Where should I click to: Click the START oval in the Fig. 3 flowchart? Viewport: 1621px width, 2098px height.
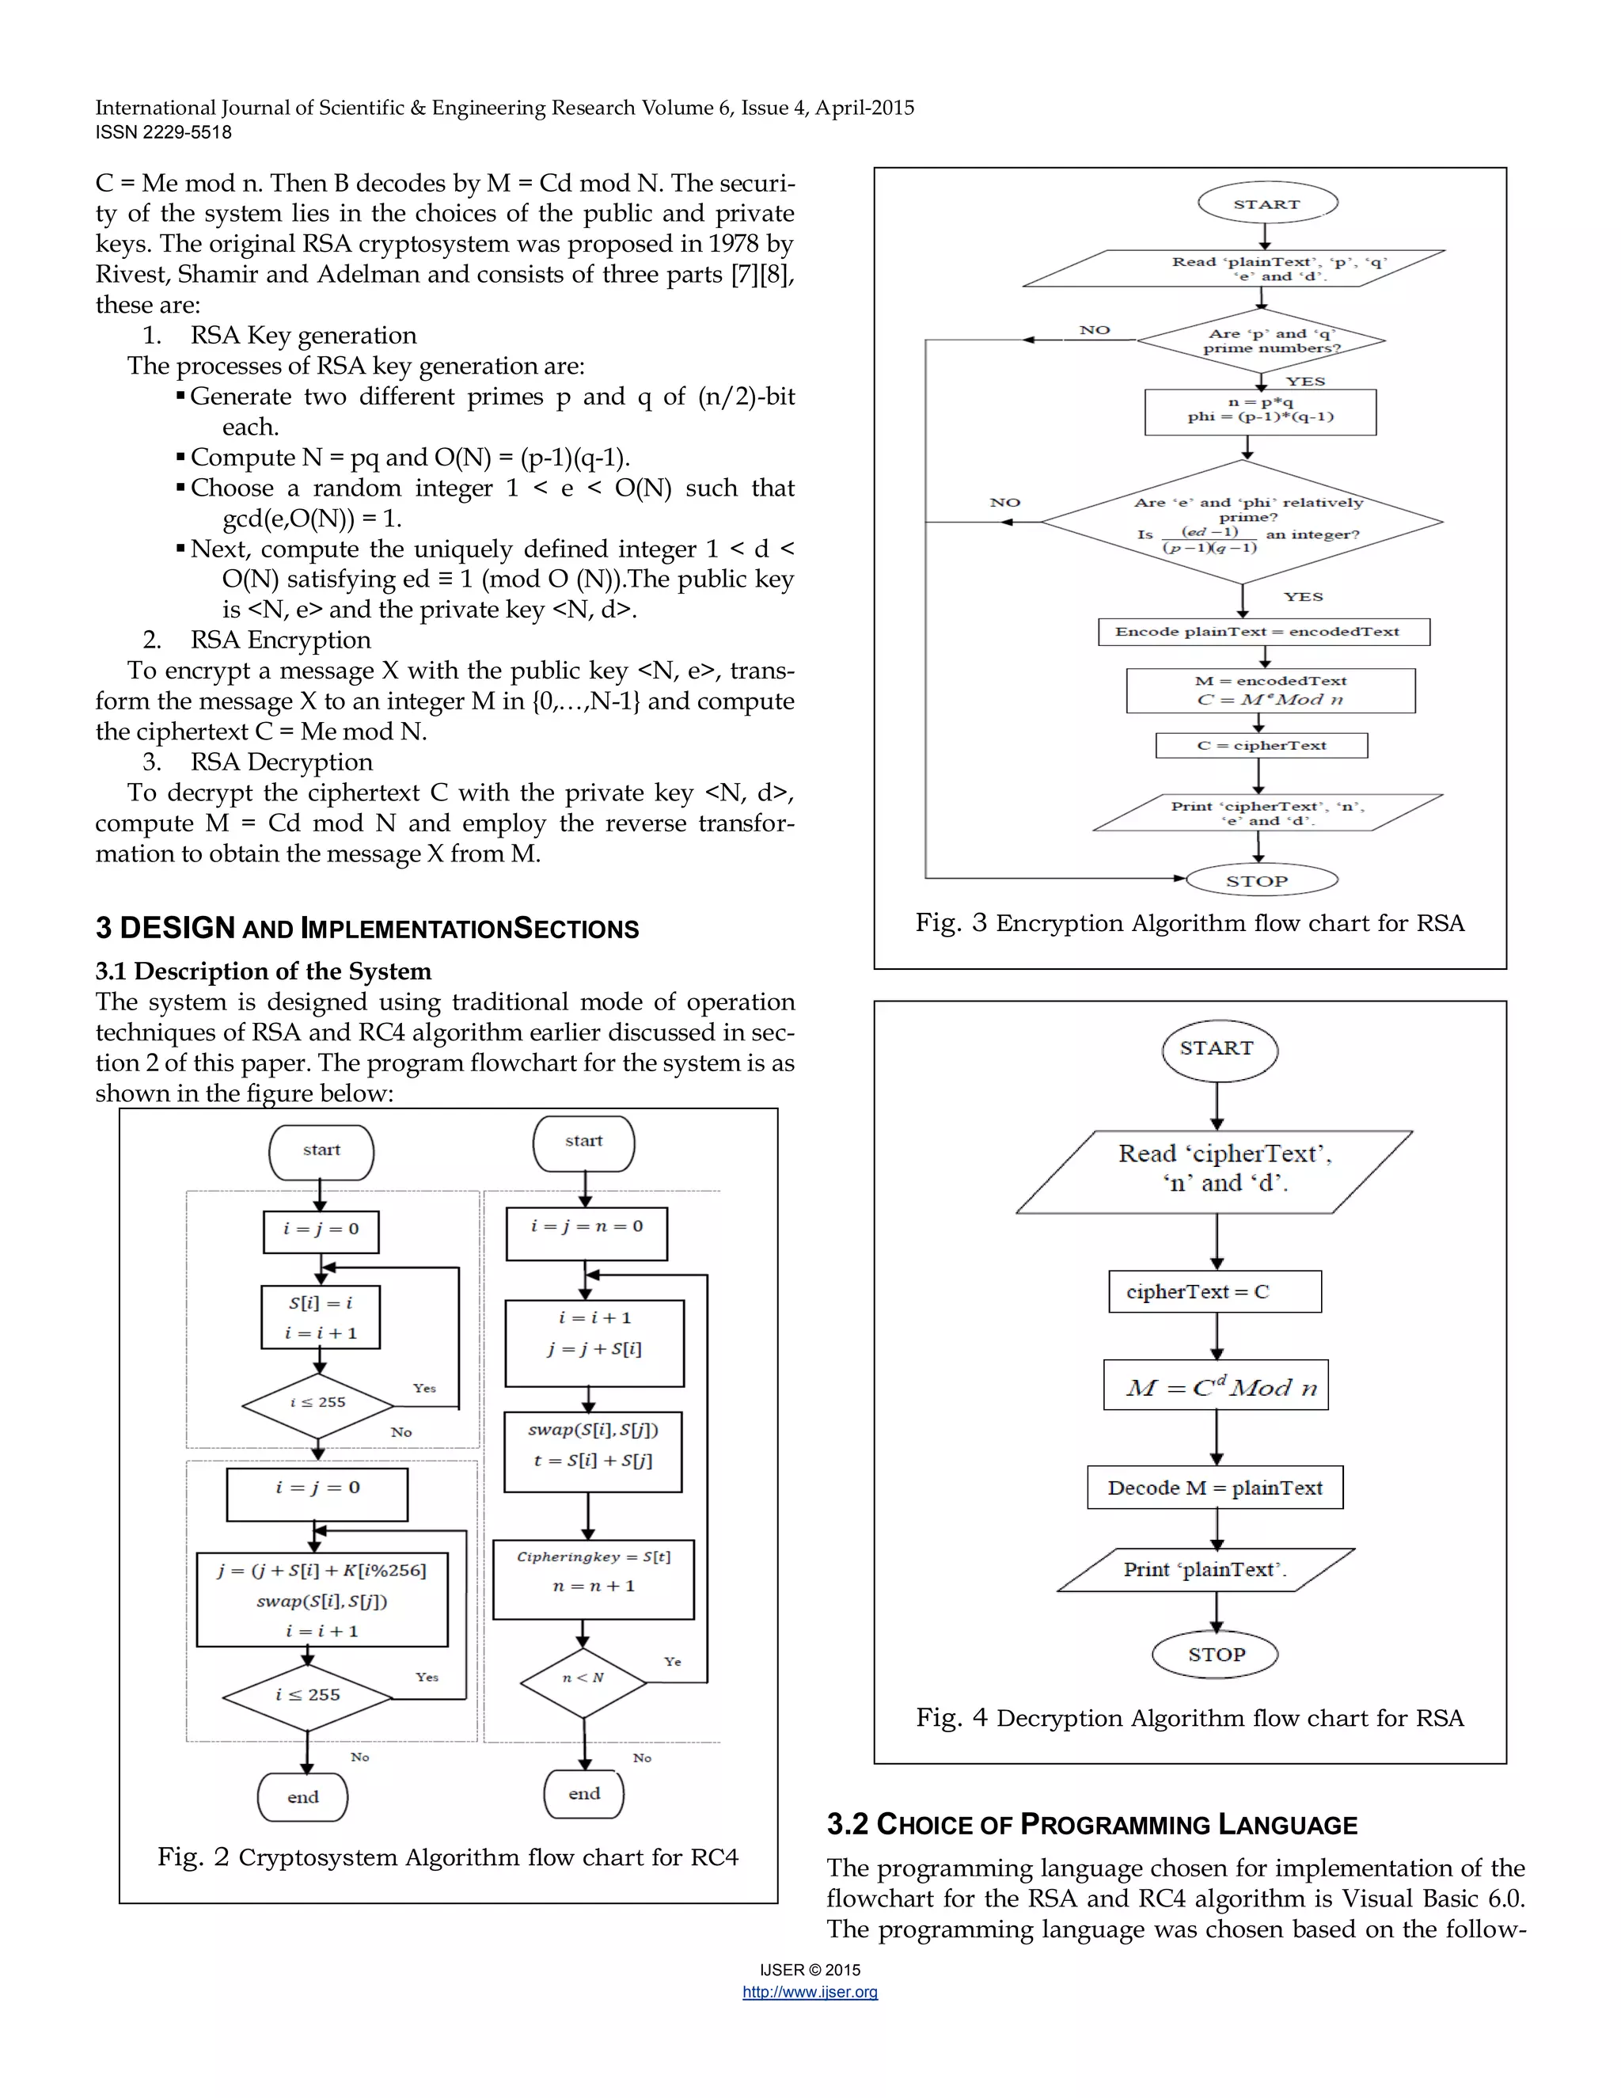coord(1266,203)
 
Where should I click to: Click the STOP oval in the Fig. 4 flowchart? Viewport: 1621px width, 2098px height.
coord(1216,1654)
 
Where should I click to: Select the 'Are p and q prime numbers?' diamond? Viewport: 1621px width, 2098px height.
coord(1261,340)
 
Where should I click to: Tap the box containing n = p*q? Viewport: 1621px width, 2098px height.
coord(1260,411)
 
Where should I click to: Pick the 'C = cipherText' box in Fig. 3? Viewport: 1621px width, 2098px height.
coord(1261,746)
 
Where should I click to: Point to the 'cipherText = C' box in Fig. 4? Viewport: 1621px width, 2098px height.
coord(1215,1291)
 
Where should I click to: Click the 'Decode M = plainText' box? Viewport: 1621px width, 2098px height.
coord(1215,1487)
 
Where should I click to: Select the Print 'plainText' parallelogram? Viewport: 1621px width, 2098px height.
coord(1205,1570)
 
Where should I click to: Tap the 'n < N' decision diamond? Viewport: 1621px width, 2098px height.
coord(583,1678)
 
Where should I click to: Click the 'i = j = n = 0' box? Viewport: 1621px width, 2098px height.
coord(587,1233)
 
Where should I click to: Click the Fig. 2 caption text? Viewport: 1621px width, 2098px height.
coord(447,1857)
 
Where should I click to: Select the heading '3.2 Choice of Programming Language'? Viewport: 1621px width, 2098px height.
coord(1091,1824)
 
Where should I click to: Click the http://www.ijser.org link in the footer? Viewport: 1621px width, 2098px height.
coord(810,1993)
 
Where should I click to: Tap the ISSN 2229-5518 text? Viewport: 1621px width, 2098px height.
coord(163,132)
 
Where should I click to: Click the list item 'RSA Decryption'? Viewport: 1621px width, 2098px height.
coord(280,762)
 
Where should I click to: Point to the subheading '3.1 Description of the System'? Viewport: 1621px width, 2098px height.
coord(263,971)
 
